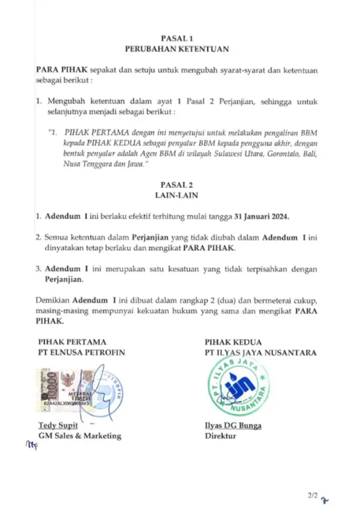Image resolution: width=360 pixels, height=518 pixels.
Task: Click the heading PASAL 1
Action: (x=177, y=38)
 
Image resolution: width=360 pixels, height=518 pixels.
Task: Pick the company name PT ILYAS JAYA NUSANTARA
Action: (x=260, y=352)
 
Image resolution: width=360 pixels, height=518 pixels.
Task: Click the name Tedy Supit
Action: (x=54, y=425)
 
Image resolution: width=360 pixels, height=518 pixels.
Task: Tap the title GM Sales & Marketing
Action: (x=80, y=436)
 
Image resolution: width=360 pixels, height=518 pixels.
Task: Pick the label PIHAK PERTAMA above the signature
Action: (x=72, y=341)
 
